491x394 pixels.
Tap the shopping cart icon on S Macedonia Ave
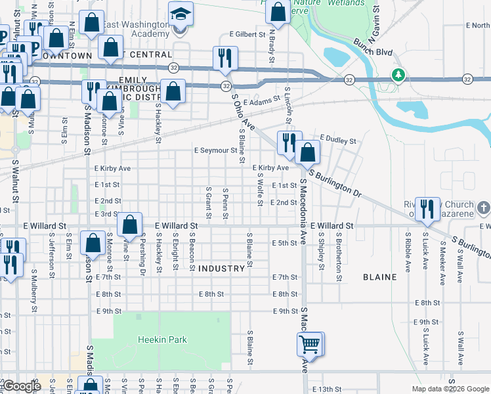[x=309, y=343]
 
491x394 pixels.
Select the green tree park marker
[x=398, y=75]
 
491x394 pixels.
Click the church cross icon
[x=484, y=208]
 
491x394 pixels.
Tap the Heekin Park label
[x=162, y=339]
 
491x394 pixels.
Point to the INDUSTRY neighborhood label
[x=221, y=269]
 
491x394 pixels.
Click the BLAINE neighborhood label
[x=379, y=277]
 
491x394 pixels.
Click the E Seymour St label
[x=215, y=150]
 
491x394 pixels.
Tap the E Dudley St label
[x=337, y=141]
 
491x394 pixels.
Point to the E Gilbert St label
[x=247, y=34]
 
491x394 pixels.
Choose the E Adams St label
[x=262, y=103]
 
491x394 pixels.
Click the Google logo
[x=21, y=387]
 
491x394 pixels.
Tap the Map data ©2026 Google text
[x=450, y=389]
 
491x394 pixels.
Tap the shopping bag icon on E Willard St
[x=130, y=224]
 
